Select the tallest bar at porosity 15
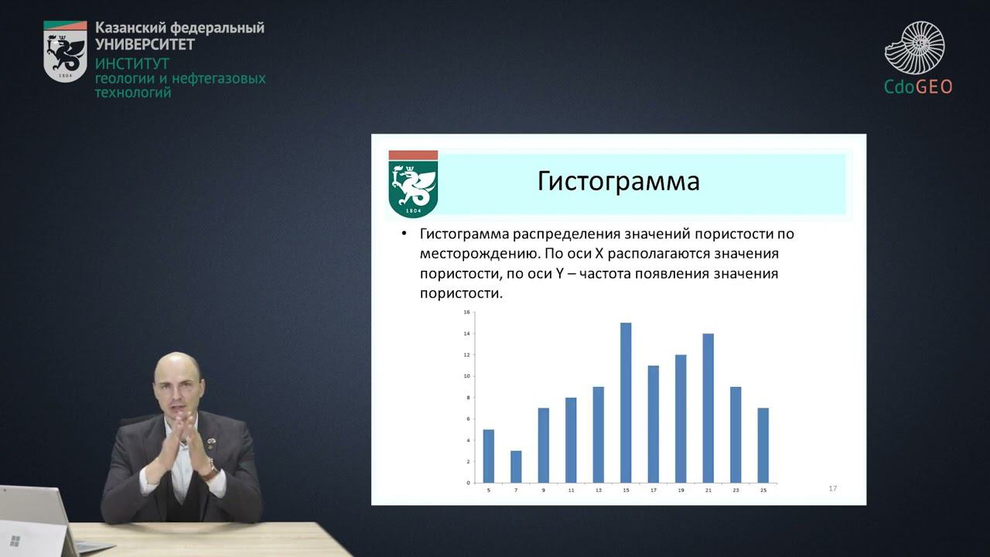(626, 402)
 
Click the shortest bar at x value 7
(516, 466)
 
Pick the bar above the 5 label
(488, 456)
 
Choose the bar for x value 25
(763, 445)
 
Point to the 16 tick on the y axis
(466, 313)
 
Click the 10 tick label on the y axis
(466, 377)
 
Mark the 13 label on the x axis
(598, 490)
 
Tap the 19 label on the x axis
(681, 490)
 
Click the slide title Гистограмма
(618, 181)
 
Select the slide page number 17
(832, 488)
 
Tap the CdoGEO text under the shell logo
(918, 87)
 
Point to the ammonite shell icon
(915, 48)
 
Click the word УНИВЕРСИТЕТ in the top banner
(145, 44)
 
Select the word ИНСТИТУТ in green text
(131, 63)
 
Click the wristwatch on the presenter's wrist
(209, 469)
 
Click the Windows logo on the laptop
(15, 540)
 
